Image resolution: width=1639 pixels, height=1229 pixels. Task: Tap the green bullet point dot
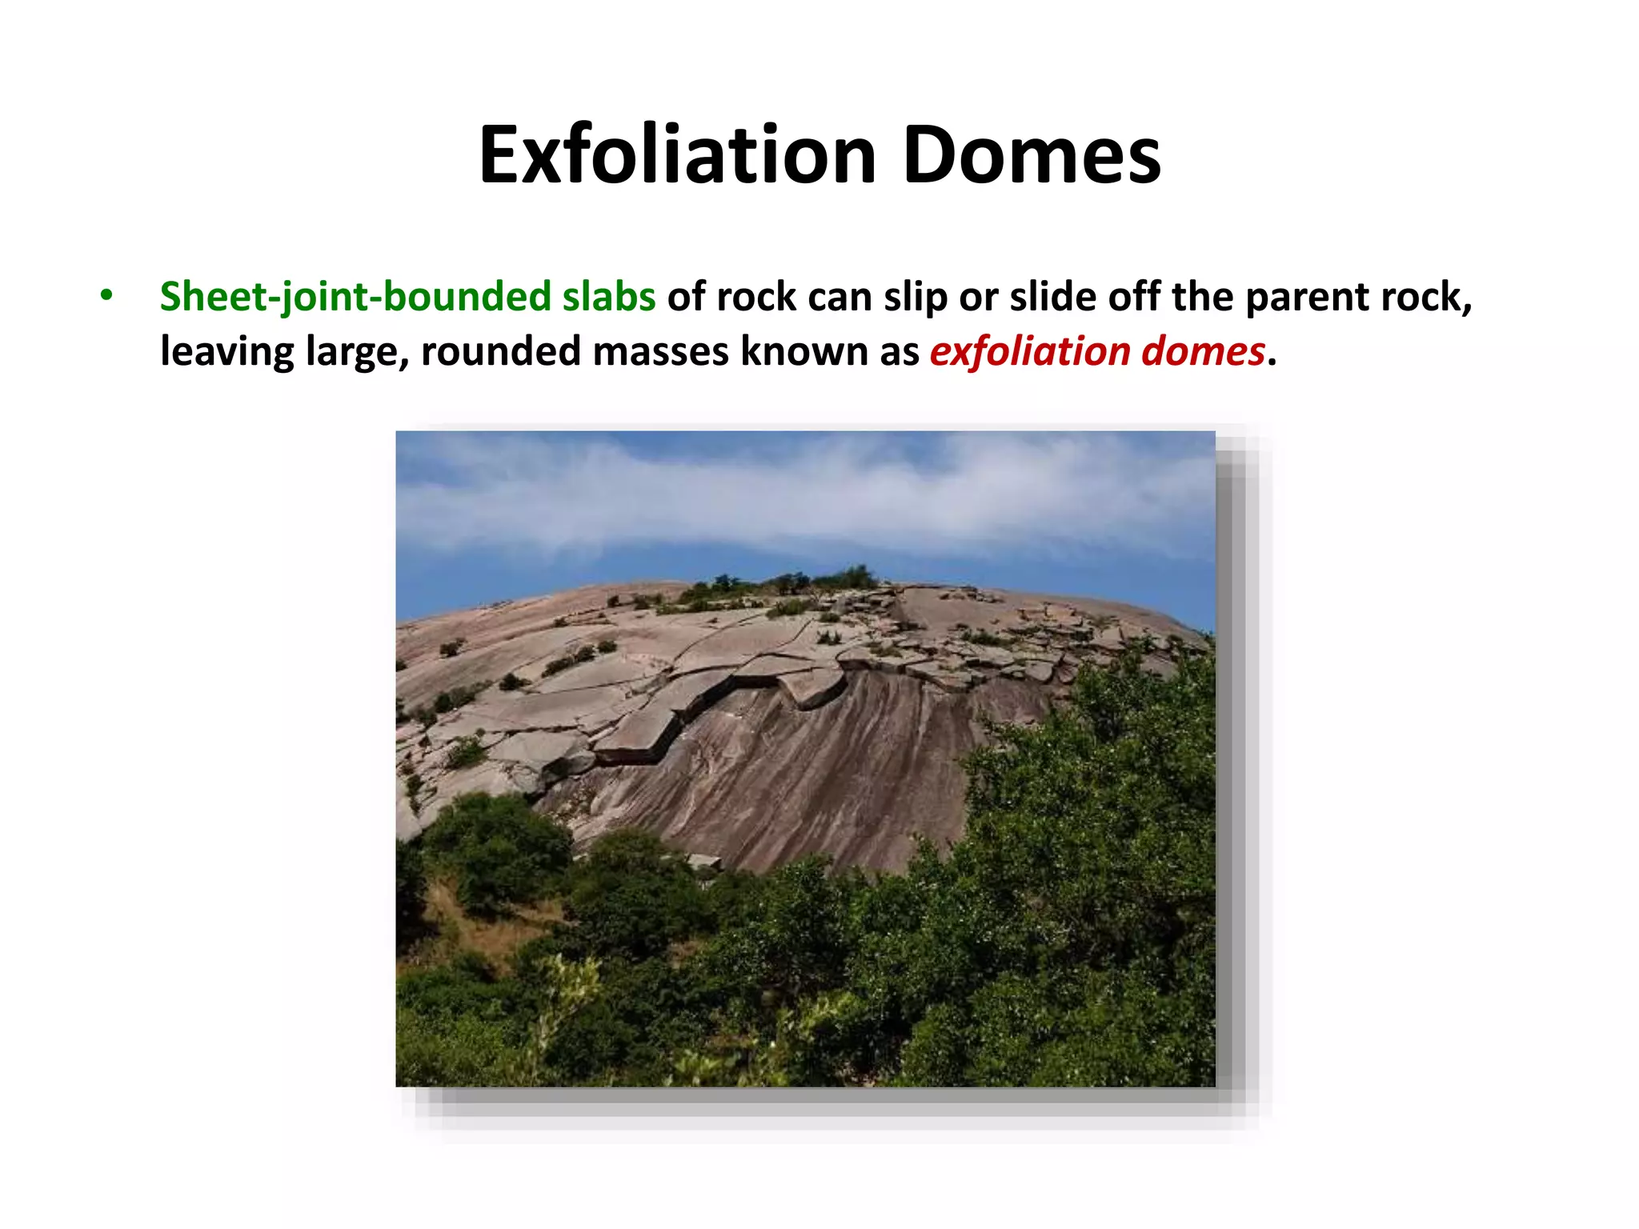[x=106, y=295]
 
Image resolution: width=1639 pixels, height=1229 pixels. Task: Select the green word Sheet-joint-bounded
[x=355, y=297]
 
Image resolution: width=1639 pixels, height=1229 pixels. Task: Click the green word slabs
[x=609, y=297]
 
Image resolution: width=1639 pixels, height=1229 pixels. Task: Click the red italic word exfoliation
[x=1029, y=351]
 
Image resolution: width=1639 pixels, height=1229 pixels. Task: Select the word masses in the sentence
[x=660, y=351]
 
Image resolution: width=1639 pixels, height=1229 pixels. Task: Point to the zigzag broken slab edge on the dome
[x=720, y=704]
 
